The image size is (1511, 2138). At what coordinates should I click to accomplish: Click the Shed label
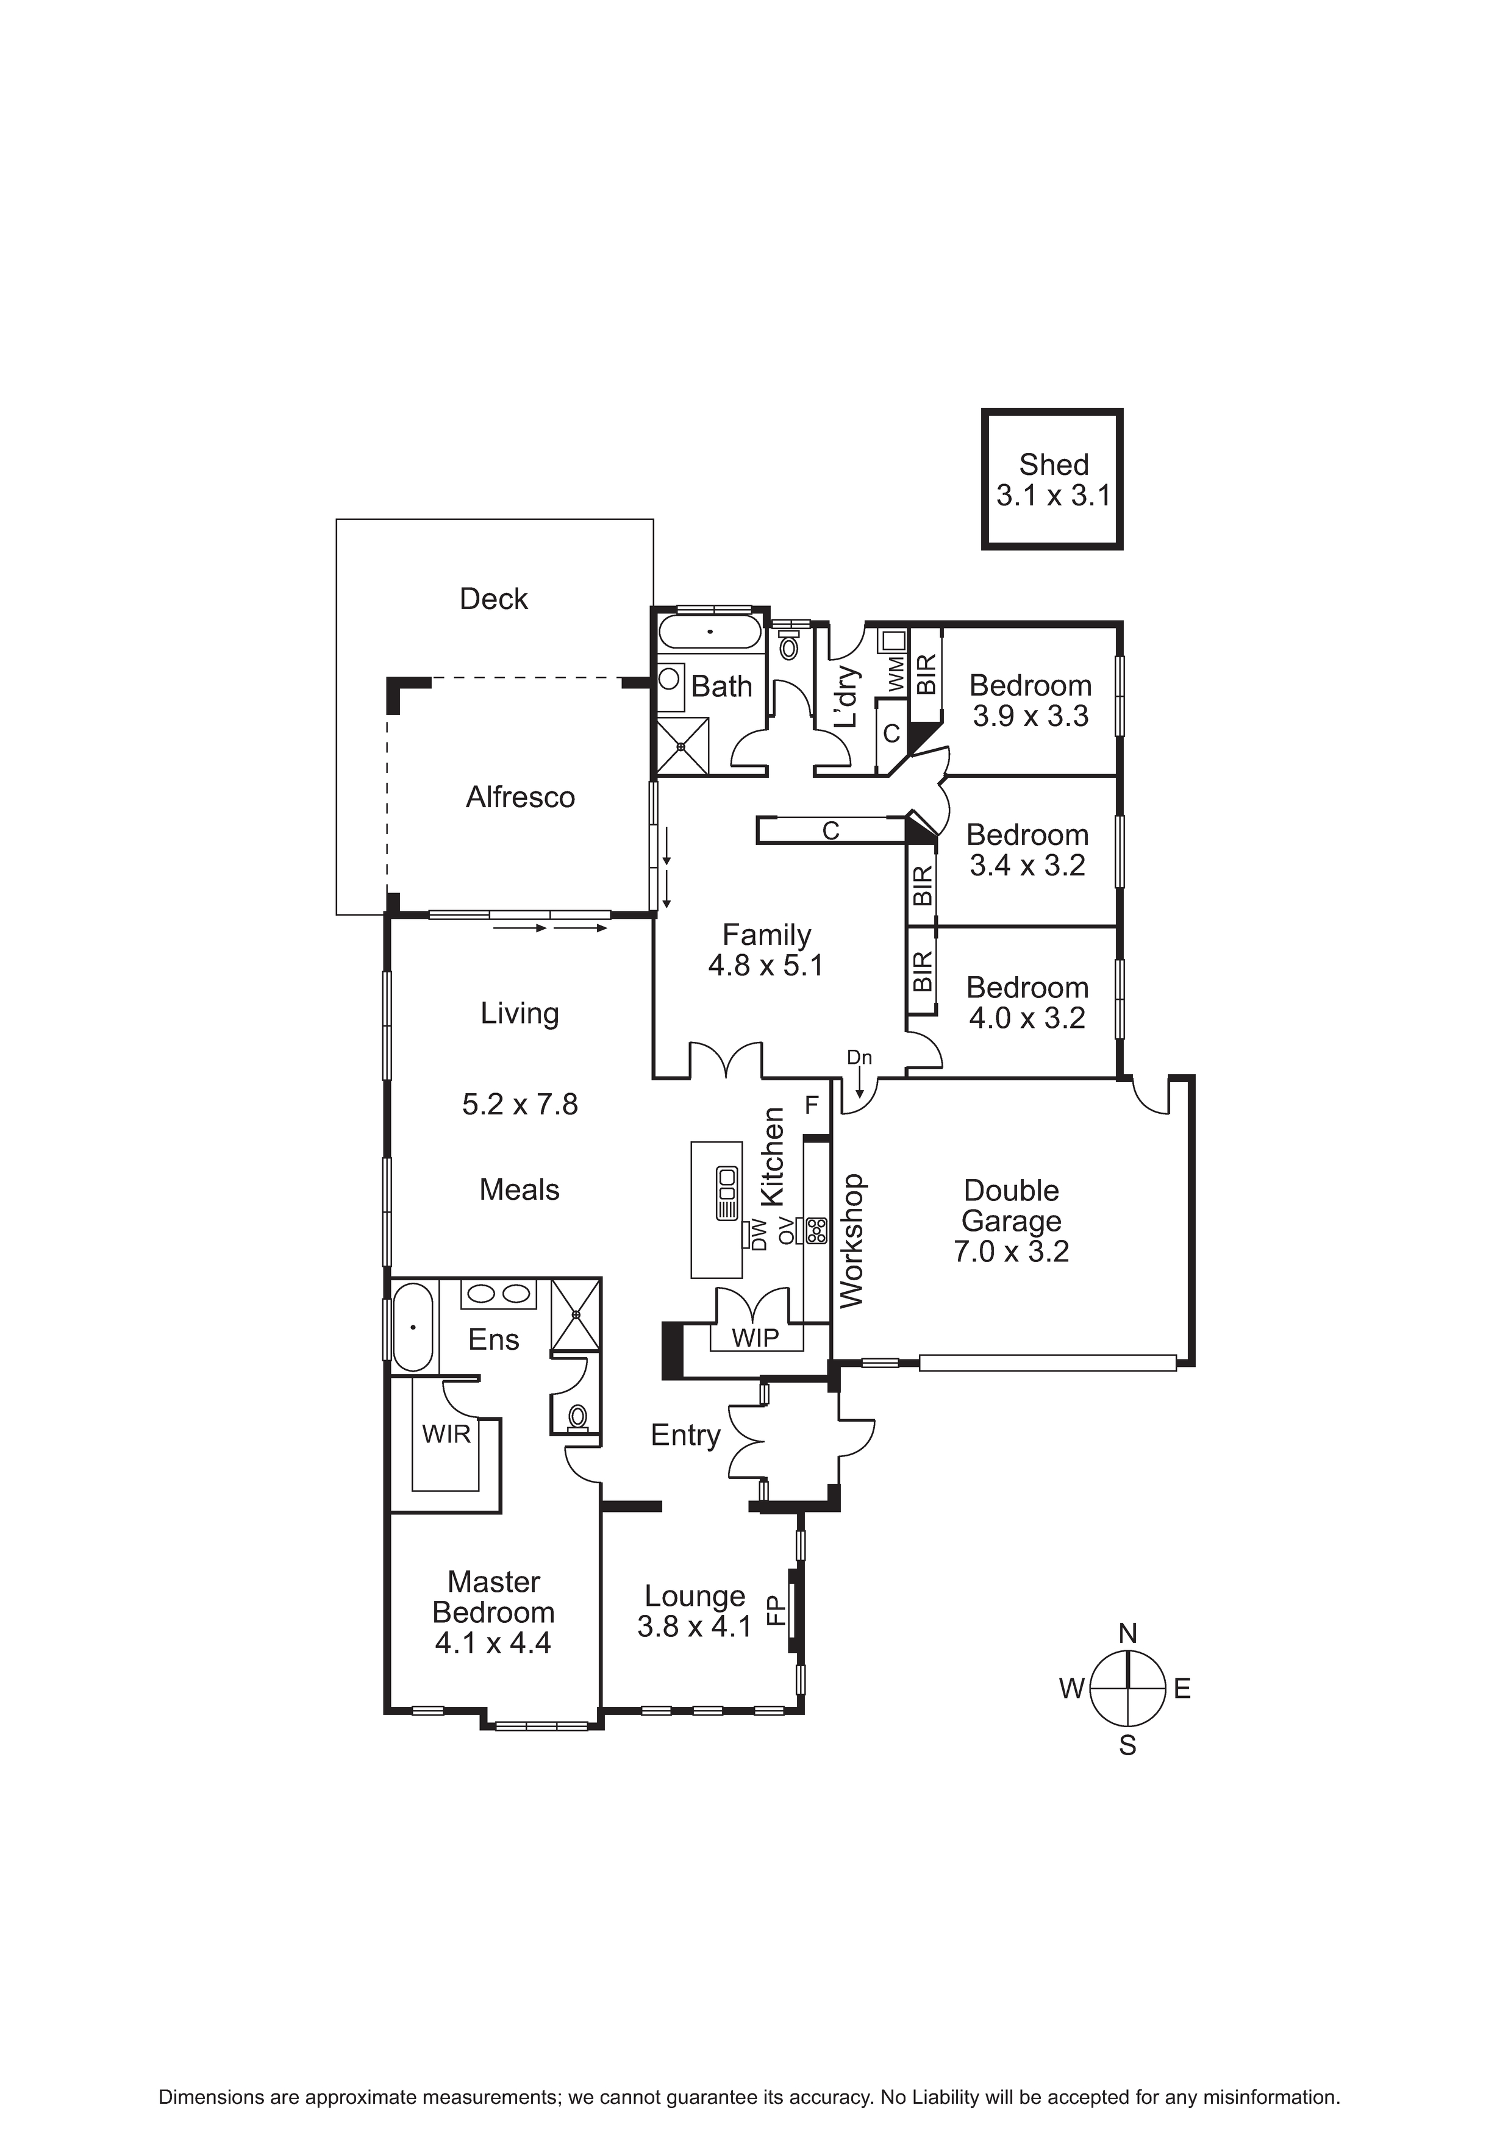[1054, 464]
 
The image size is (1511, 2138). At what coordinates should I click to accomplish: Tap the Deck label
[494, 599]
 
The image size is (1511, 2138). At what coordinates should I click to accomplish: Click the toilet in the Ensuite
[577, 1418]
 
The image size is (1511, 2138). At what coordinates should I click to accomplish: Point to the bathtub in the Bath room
[710, 632]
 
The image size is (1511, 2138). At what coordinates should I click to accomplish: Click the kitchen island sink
[727, 1193]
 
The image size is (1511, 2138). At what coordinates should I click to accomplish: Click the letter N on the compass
[1128, 1633]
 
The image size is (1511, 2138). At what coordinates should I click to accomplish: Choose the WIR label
[447, 1434]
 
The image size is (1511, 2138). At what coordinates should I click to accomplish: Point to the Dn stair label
[860, 1057]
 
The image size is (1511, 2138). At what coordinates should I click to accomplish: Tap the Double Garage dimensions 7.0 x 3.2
[1012, 1252]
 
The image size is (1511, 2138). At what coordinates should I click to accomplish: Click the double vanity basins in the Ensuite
[499, 1294]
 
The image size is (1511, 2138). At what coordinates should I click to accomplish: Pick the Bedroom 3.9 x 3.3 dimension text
[1031, 716]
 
